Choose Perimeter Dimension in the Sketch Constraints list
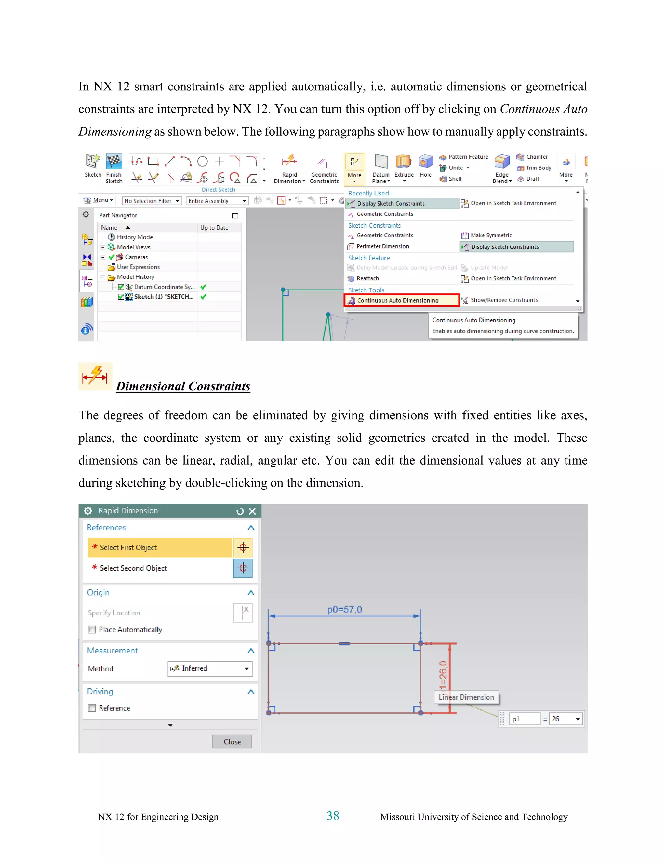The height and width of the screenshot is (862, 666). [x=382, y=246]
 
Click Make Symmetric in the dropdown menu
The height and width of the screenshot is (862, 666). [x=490, y=236]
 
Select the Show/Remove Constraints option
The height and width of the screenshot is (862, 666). [x=503, y=300]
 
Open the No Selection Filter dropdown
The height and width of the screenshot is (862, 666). [x=152, y=201]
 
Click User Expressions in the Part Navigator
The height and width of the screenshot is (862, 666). [x=138, y=267]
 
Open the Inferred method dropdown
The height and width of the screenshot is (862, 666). [x=210, y=668]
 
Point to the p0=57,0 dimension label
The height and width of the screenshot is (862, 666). [x=344, y=609]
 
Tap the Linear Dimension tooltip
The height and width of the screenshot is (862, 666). [x=466, y=697]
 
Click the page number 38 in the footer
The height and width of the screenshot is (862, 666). [x=333, y=816]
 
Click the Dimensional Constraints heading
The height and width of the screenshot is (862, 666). [x=183, y=386]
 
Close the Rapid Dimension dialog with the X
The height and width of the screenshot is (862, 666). [x=252, y=511]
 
